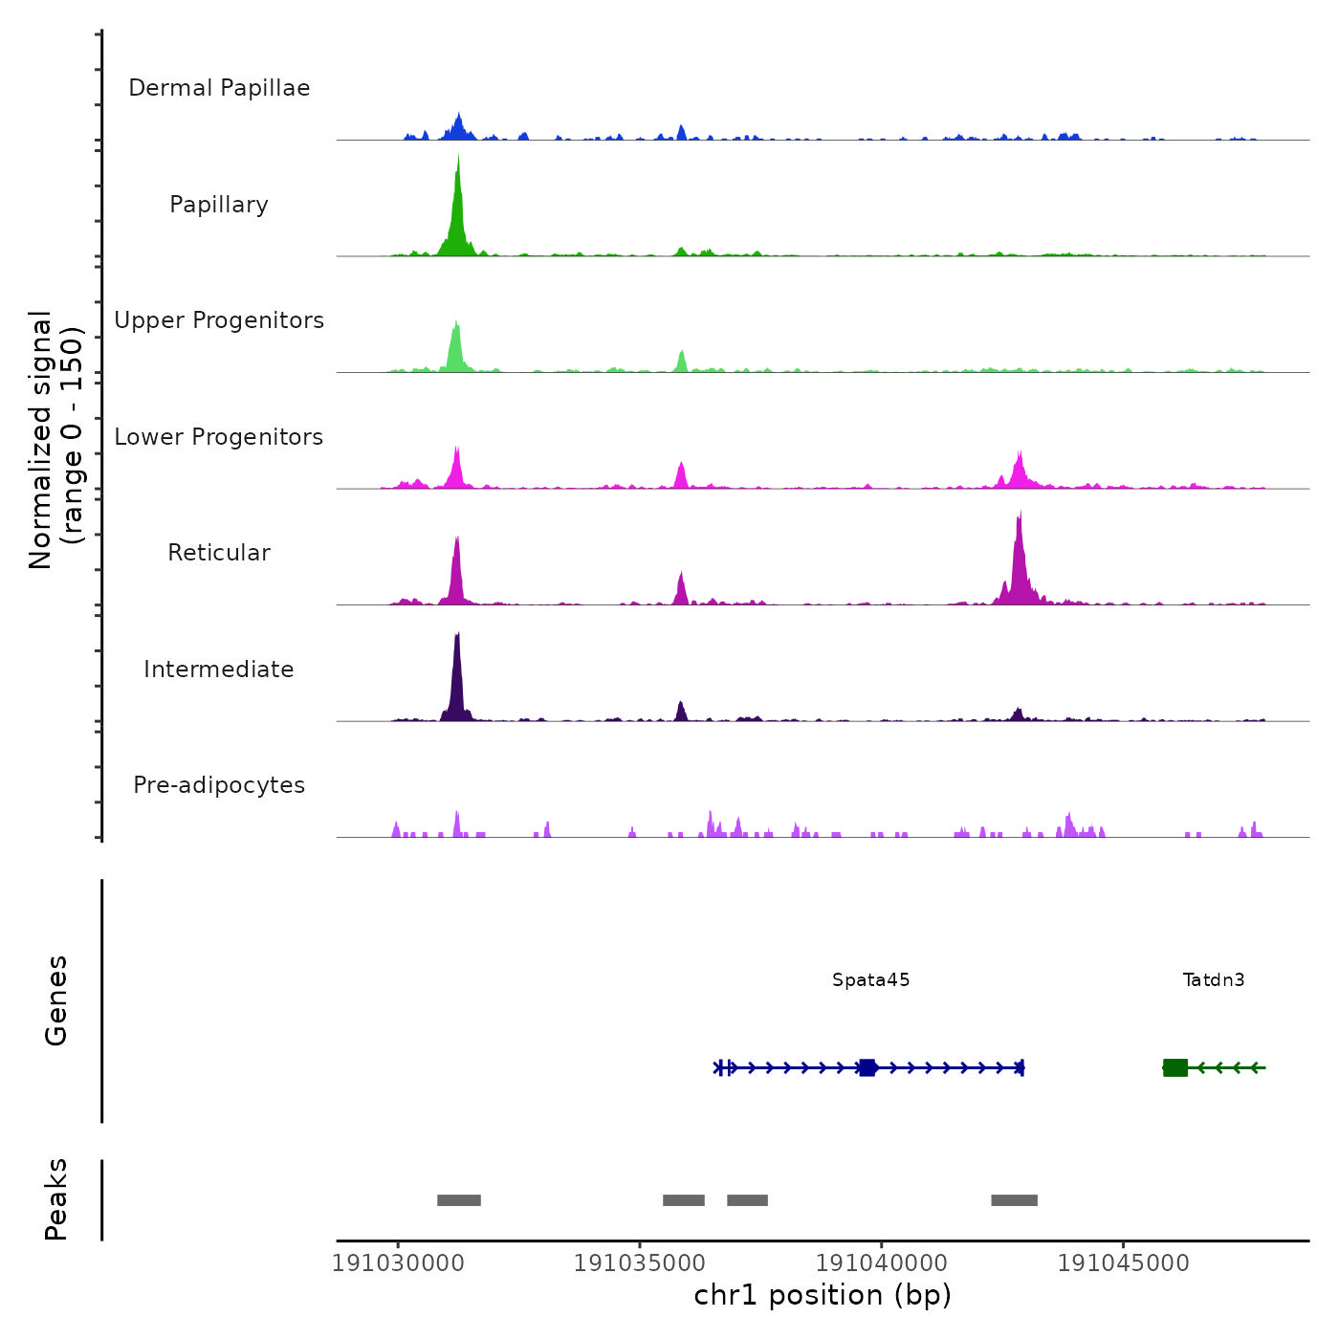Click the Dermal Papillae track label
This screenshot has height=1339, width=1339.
pyautogui.click(x=219, y=88)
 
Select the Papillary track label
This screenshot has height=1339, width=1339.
pyautogui.click(x=219, y=205)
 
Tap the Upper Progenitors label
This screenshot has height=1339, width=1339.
pyautogui.click(x=219, y=320)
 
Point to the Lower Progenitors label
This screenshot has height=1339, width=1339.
pyautogui.click(x=219, y=437)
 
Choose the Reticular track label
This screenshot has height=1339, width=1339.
pyautogui.click(x=219, y=553)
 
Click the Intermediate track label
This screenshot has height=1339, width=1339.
pyautogui.click(x=219, y=669)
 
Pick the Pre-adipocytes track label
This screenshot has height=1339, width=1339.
pyautogui.click(x=219, y=785)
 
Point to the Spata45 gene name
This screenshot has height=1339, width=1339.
pyautogui.click(x=871, y=980)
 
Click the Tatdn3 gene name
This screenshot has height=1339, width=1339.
pyautogui.click(x=1214, y=980)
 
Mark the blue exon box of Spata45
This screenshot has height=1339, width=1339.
pyautogui.click(x=867, y=1067)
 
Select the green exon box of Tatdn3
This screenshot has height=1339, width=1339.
pyautogui.click(x=1175, y=1067)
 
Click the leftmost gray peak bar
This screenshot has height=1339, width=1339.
pyautogui.click(x=459, y=1200)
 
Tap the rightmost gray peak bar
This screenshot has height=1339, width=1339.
pyautogui.click(x=1014, y=1200)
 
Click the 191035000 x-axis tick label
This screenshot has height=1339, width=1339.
pyautogui.click(x=640, y=1262)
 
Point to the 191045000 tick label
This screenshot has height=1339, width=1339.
pyautogui.click(x=1124, y=1262)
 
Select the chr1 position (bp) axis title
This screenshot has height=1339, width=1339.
pyautogui.click(x=823, y=1295)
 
